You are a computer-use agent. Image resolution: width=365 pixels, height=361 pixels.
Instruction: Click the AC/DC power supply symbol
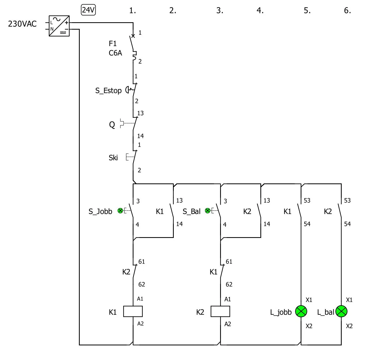point(59,26)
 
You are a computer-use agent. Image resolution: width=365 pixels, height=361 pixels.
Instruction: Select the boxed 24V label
point(88,10)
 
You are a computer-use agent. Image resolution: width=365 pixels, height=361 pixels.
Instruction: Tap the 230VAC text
point(22,24)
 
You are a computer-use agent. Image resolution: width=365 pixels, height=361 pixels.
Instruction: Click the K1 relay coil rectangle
point(133,312)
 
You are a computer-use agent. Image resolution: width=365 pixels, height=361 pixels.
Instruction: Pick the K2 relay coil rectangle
point(220,312)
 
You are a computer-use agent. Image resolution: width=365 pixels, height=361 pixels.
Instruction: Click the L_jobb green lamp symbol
point(301,311)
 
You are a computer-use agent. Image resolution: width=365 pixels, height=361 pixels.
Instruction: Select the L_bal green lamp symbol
point(341,311)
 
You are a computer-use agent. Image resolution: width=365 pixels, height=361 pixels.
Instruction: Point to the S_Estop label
point(108,91)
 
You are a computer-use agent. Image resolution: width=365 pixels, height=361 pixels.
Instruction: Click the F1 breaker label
point(113,43)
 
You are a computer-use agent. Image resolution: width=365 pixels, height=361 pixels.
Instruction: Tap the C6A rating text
point(115,53)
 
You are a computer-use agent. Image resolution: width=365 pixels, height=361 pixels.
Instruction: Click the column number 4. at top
point(260,11)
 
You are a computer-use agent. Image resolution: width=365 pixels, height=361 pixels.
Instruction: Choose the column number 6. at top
point(347,11)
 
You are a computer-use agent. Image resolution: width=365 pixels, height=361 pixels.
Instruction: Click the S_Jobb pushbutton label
point(100,211)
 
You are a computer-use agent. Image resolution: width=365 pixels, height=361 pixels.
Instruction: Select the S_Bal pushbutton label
point(192,211)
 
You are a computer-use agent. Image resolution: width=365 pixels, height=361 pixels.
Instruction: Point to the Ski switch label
point(113,158)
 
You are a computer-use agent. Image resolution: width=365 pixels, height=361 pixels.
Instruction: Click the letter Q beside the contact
point(112,125)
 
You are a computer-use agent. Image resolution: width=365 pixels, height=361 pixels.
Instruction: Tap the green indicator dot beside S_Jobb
point(120,211)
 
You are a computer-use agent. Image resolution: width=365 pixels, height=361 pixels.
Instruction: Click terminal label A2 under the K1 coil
point(140,324)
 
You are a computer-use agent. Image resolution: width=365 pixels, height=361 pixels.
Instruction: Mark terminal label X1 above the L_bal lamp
point(349,300)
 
